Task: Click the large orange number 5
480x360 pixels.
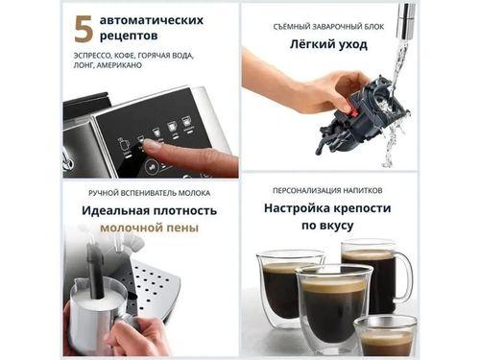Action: coord(84,28)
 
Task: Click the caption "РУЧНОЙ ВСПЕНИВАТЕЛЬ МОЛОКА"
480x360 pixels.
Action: coord(150,192)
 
